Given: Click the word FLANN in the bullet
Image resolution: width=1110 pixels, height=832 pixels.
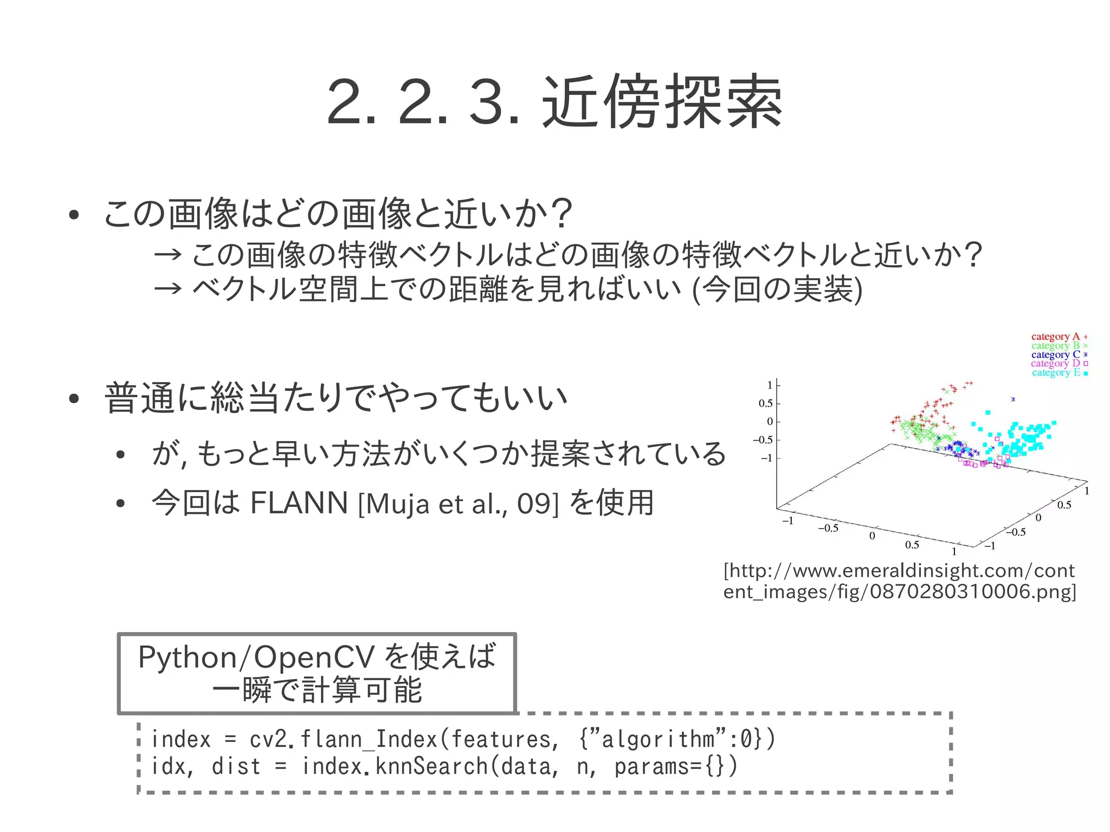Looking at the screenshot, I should tap(299, 503).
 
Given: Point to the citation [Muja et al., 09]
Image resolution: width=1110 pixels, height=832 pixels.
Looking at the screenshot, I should tap(458, 504).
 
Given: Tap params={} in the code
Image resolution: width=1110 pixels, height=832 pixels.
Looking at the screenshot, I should tap(675, 766).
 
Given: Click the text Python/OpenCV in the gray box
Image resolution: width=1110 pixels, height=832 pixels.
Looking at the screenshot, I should tap(256, 657).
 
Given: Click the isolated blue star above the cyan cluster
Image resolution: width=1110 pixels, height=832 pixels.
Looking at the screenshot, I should tap(1013, 399).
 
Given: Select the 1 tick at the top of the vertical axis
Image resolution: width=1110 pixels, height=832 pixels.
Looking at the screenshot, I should tap(770, 385).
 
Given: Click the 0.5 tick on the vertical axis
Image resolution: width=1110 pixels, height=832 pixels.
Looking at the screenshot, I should tap(765, 403).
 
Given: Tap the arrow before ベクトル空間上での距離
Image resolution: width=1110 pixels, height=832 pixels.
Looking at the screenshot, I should tap(167, 288).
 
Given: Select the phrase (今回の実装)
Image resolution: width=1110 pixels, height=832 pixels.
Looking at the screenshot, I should tap(778, 289).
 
